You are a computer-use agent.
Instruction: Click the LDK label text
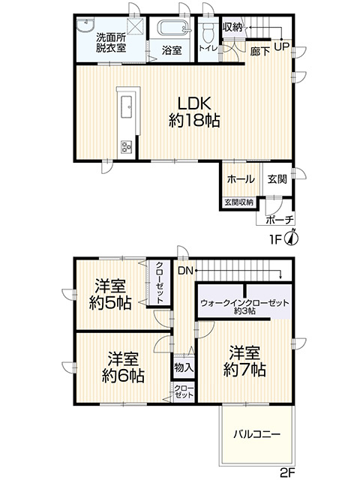point(193,103)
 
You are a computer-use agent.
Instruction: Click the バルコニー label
point(256,433)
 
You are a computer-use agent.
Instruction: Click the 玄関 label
point(277,180)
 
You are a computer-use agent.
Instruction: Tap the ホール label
point(239,180)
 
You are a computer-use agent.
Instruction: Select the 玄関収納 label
point(238,202)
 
